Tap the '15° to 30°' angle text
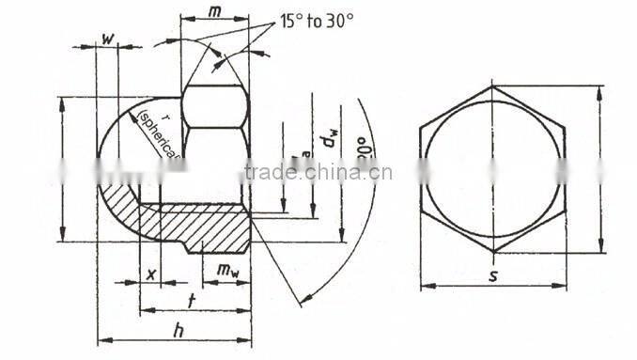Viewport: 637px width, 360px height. click(x=317, y=20)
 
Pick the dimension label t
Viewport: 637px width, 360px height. click(x=193, y=300)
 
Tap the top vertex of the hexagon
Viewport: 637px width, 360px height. click(x=493, y=86)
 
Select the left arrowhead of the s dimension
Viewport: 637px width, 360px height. click(x=424, y=285)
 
